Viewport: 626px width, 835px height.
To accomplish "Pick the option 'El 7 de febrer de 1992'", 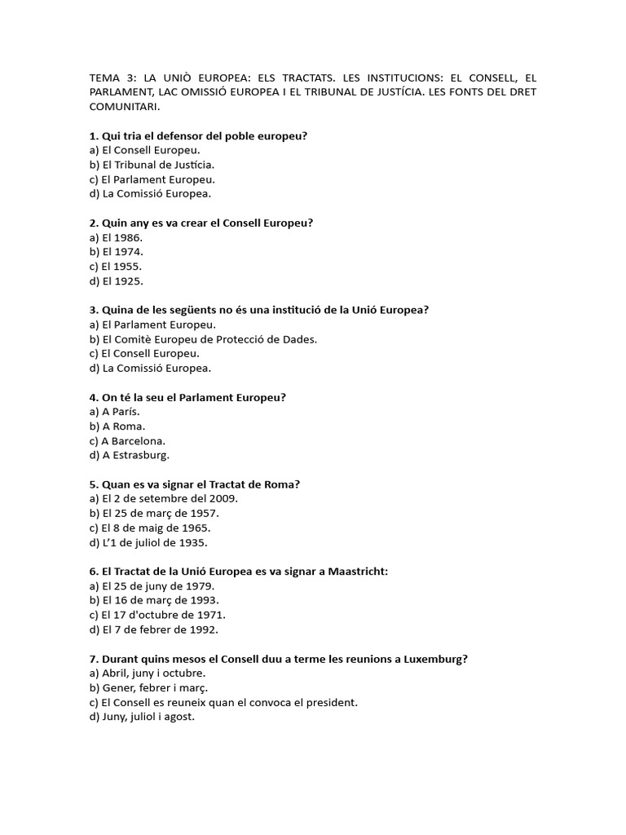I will (x=154, y=630).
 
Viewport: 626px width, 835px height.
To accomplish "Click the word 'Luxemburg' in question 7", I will (x=438, y=659).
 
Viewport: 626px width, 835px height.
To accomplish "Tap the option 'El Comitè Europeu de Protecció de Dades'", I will (x=203, y=338).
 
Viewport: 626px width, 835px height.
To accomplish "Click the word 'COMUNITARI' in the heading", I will (x=124, y=107).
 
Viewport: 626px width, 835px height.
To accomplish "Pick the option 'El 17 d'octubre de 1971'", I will (x=157, y=615).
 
